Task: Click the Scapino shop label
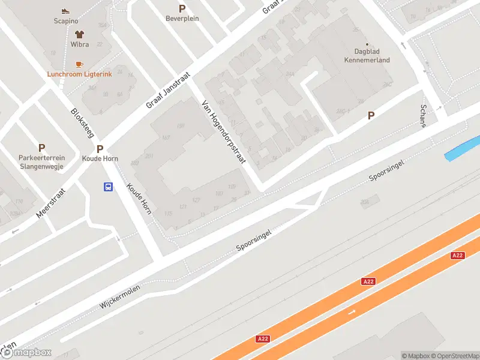(x=65, y=21)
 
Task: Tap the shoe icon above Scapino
(x=65, y=11)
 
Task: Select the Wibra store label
(x=79, y=44)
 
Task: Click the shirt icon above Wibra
(x=79, y=34)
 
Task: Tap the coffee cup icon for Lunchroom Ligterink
(x=79, y=64)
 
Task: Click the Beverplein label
(x=182, y=19)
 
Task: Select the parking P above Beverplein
(x=182, y=8)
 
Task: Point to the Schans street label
(x=424, y=115)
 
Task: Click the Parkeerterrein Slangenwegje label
(x=41, y=162)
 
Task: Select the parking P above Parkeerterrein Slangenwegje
(x=41, y=148)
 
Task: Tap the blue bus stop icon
(x=109, y=187)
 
